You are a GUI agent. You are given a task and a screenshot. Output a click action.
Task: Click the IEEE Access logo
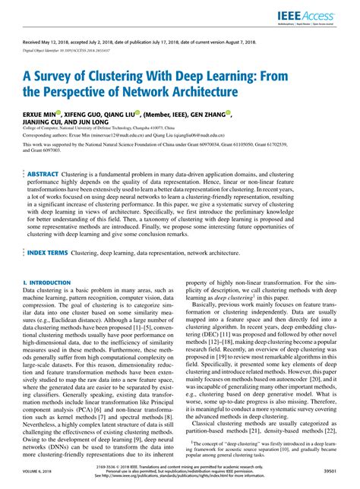[x=318, y=14]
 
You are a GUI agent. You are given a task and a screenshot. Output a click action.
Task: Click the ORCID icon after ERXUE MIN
[x=64, y=112]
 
